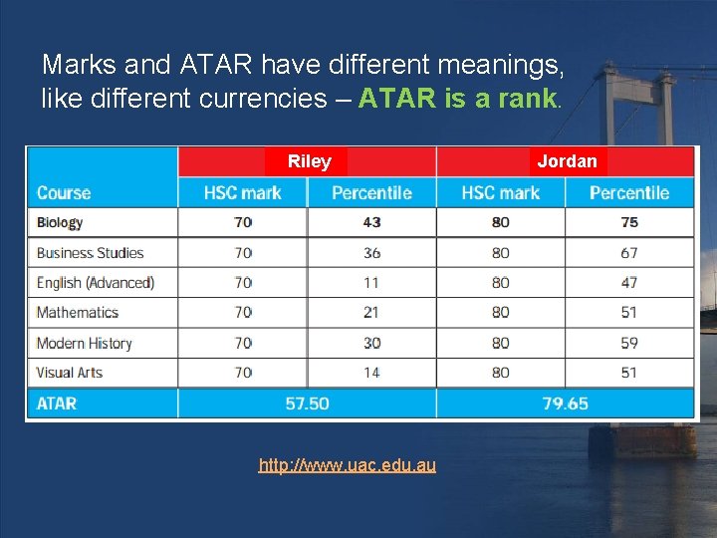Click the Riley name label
pos(309,161)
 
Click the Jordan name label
pos(567,161)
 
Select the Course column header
pos(64,192)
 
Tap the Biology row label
pos(60,222)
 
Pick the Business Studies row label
pos(91,253)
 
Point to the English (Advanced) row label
pos(96,283)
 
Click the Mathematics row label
pos(78,313)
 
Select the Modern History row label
pos(85,343)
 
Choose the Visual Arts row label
pos(70,373)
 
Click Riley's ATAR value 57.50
pos(307,403)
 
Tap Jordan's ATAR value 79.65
pos(566,403)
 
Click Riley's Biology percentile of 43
pos(371,222)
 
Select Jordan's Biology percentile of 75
pos(629,222)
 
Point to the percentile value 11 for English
pos(371,283)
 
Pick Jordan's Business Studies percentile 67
pos(629,253)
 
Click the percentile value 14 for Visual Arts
pos(371,373)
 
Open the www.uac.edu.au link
pos(347,465)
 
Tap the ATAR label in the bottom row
pos(57,403)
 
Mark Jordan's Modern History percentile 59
pos(629,343)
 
